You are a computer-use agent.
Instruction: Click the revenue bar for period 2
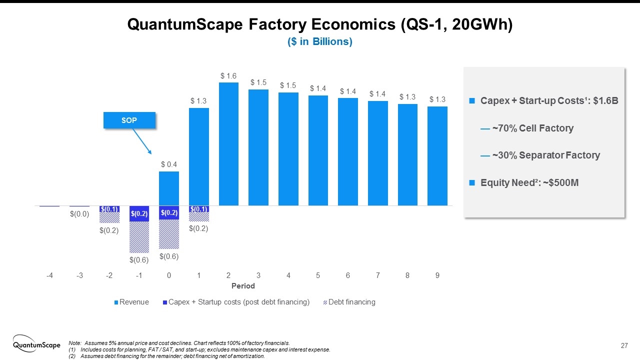(228, 144)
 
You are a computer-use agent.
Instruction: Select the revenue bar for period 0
(169, 188)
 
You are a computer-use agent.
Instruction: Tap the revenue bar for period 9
(437, 156)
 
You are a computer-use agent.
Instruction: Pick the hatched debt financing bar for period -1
(139, 237)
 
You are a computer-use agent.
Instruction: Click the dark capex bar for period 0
(169, 212)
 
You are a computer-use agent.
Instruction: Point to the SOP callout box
(129, 120)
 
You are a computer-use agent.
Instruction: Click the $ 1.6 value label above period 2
(228, 76)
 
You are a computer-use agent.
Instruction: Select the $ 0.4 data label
(169, 164)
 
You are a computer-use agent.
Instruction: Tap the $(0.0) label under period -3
(79, 214)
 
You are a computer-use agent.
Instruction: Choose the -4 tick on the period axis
(49, 275)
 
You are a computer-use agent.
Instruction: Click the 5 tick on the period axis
(318, 275)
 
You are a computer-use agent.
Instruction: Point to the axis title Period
(243, 286)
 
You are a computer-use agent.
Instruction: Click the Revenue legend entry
(132, 302)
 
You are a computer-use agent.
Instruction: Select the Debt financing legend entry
(349, 302)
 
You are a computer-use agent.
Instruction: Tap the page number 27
(624, 345)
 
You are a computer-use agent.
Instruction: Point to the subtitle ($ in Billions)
(320, 42)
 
